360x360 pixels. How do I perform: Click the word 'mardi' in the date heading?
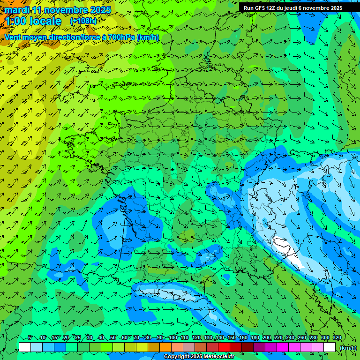pyautogui.click(x=16, y=10)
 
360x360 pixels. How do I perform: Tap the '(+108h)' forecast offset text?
pyautogui.click(x=83, y=21)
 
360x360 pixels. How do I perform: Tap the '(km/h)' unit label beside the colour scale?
pyautogui.click(x=347, y=347)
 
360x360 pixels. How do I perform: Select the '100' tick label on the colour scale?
pyautogui.click(x=173, y=338)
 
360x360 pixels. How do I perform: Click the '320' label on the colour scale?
pyautogui.click(x=337, y=338)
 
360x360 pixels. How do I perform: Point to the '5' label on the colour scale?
pyautogui.click(x=30, y=338)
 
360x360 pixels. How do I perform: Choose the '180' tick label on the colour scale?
pyautogui.click(x=255, y=338)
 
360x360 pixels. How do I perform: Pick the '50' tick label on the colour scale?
pyautogui.click(x=113, y=338)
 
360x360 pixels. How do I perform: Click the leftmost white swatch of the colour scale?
pyautogui.click(x=25, y=347)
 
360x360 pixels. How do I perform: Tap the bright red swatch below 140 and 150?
pyautogui.click(x=224, y=347)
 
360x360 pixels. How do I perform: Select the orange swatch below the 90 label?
pyautogui.click(x=165, y=347)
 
